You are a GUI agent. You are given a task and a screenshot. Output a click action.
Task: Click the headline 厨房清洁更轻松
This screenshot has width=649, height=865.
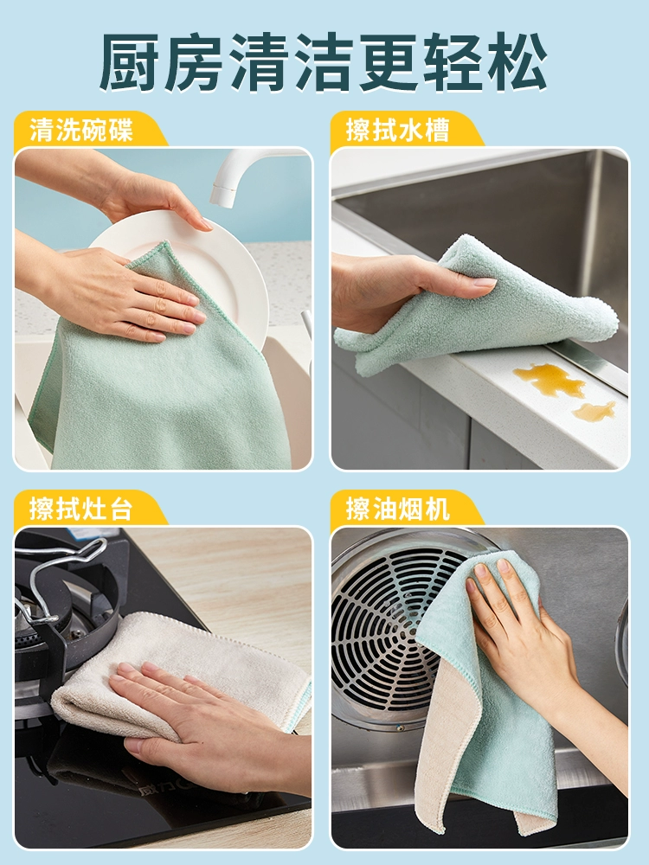[324, 61]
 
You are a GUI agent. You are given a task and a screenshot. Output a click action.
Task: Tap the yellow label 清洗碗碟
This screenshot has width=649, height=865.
[81, 131]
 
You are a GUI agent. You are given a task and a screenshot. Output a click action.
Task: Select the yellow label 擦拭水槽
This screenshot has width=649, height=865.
[397, 131]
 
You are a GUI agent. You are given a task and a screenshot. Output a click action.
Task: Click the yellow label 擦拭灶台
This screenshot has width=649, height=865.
[81, 508]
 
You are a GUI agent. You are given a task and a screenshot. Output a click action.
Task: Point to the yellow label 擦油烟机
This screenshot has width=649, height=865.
[397, 508]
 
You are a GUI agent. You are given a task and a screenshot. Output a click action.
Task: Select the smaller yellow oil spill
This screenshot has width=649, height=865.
[594, 410]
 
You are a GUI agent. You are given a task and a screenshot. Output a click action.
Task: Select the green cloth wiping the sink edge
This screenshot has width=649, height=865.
[474, 309]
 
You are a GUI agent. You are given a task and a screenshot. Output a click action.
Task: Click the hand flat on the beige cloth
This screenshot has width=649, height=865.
[204, 717]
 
